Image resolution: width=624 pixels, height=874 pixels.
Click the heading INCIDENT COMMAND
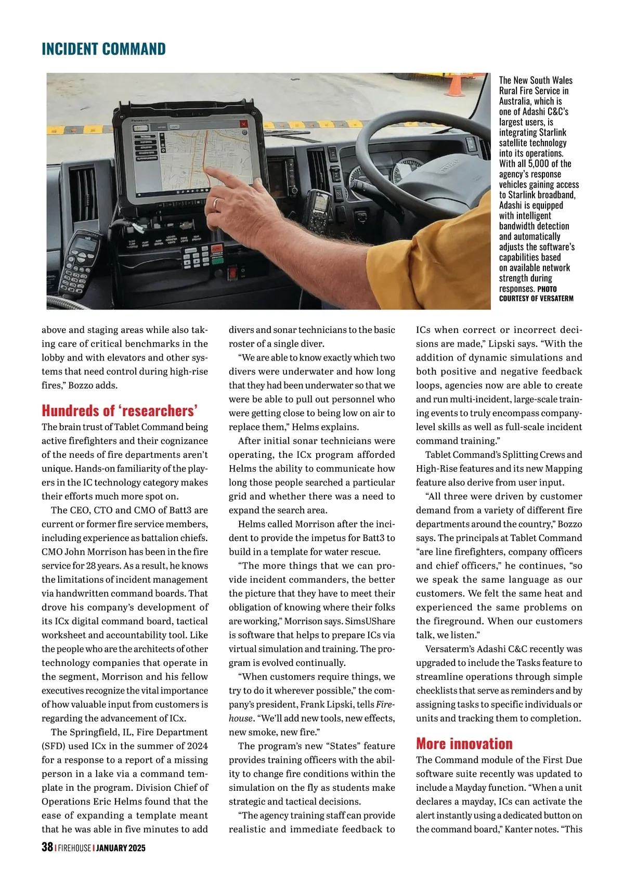pyautogui.click(x=103, y=49)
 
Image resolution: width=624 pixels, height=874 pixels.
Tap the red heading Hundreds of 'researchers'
pyautogui.click(x=120, y=411)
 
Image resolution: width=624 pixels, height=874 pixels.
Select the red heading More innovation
pyautogui.click(x=464, y=743)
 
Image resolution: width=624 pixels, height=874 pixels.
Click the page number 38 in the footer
pyautogui.click(x=47, y=847)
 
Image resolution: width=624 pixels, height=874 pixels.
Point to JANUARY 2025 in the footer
pyautogui.click(x=121, y=848)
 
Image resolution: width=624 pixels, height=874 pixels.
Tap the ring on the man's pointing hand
pyautogui.click(x=216, y=202)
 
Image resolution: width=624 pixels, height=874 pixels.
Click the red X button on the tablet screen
pyautogui.click(x=243, y=124)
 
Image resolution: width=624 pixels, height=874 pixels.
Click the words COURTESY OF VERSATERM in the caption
pyautogui.click(x=536, y=299)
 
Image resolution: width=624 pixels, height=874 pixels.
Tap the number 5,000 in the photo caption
pyautogui.click(x=538, y=163)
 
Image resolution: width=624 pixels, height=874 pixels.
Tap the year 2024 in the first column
pyautogui.click(x=198, y=746)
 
